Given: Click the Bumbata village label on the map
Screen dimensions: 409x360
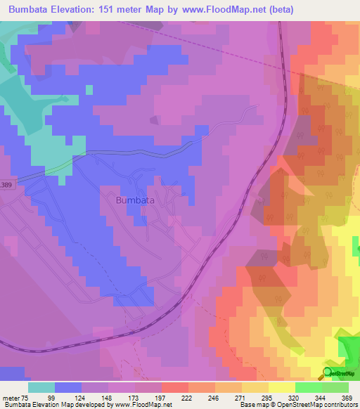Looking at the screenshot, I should click(x=134, y=200).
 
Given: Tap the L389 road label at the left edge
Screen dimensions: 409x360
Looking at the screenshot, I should click(x=6, y=184).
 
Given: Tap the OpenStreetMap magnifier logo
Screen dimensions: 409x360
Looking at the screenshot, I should click(x=328, y=372).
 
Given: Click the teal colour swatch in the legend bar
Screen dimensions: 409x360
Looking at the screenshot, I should click(x=41, y=387).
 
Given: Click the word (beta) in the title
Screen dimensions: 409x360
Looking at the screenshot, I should click(x=278, y=9).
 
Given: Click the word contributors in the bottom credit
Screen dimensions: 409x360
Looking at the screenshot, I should click(x=337, y=404).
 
